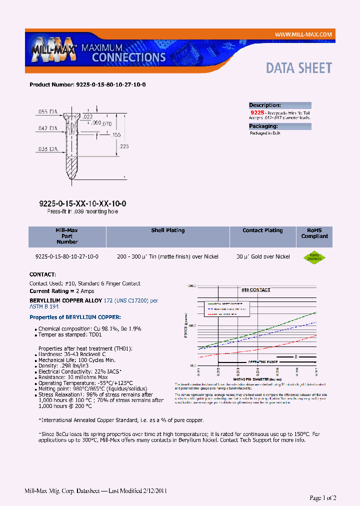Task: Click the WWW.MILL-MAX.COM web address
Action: pyautogui.click(x=303, y=34)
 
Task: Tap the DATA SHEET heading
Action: pyautogui.click(x=298, y=68)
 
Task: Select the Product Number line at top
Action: pyautogui.click(x=87, y=85)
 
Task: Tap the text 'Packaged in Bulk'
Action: pyautogui.click(x=265, y=133)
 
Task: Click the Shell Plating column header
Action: pyautogui.click(x=168, y=230)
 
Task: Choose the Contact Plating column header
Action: pyautogui.click(x=262, y=230)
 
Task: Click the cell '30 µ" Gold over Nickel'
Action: pyautogui.click(x=263, y=256)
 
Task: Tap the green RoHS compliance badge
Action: pyautogui.click(x=314, y=257)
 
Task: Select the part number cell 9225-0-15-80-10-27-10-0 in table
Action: pyautogui.click(x=67, y=256)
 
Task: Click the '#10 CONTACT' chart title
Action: pyautogui.click(x=255, y=290)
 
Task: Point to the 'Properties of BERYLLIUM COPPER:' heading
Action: pyautogui.click(x=75, y=317)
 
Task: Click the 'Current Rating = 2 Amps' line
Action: pyautogui.click(x=61, y=291)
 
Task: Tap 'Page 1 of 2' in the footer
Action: pyautogui.click(x=323, y=497)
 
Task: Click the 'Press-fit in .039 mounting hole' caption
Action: pyautogui.click(x=82, y=211)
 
